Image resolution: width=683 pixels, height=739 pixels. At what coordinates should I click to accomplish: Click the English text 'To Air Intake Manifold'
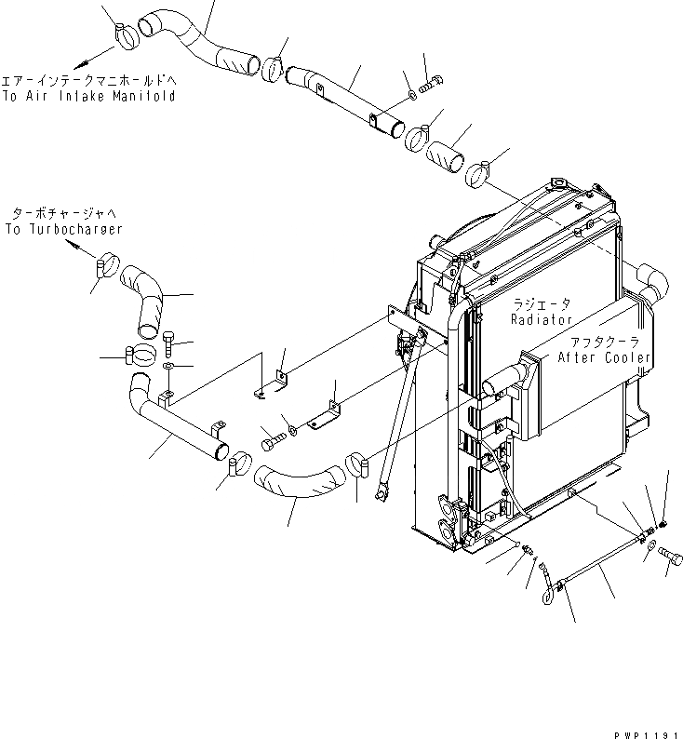coord(88,96)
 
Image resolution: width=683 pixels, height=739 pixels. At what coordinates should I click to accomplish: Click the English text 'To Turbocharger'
coord(63,229)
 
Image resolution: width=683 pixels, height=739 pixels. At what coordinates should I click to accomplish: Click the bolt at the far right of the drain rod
coord(672,554)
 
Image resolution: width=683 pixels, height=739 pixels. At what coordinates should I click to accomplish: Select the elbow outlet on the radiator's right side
coord(651,278)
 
